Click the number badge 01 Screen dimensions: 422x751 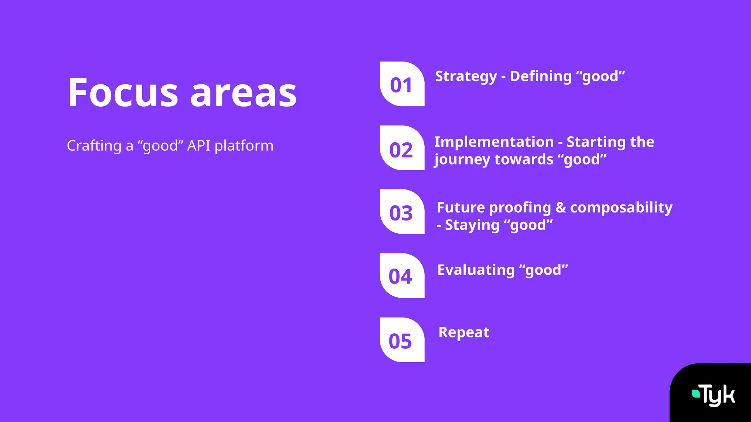(402, 84)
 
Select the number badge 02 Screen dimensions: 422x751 (402, 148)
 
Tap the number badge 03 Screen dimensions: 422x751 (402, 212)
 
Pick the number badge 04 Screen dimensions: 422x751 (402, 276)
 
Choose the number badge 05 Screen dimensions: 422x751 (402, 340)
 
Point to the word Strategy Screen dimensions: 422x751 (466, 77)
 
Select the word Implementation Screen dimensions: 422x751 (494, 142)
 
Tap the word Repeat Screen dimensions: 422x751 (464, 333)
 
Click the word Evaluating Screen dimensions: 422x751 (476, 270)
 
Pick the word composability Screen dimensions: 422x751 (621, 208)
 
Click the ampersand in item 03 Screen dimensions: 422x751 (561, 208)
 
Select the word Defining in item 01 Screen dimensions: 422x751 (541, 77)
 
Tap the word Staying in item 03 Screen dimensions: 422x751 (472, 225)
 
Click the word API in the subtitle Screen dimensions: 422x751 (199, 146)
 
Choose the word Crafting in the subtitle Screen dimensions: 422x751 (94, 146)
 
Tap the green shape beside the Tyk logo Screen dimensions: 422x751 (695, 393)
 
